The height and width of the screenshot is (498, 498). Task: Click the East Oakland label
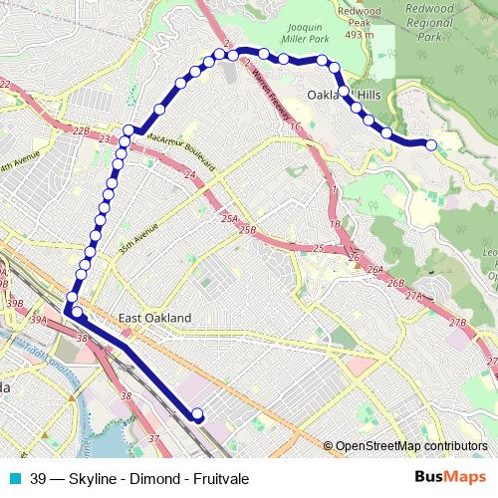coord(154,318)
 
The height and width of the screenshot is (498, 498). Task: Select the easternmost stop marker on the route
coord(431,144)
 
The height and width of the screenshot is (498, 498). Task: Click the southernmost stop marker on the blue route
coord(196,414)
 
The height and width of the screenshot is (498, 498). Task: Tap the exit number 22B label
coord(82,130)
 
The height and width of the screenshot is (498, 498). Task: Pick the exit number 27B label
coord(457,322)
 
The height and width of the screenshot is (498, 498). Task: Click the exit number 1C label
coord(295,126)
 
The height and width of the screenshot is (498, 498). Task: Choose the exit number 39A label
coord(39,320)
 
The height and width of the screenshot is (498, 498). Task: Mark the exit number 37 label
coord(152,438)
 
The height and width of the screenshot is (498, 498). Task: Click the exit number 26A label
coord(374,271)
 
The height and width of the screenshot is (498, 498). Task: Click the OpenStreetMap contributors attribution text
coord(411,447)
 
